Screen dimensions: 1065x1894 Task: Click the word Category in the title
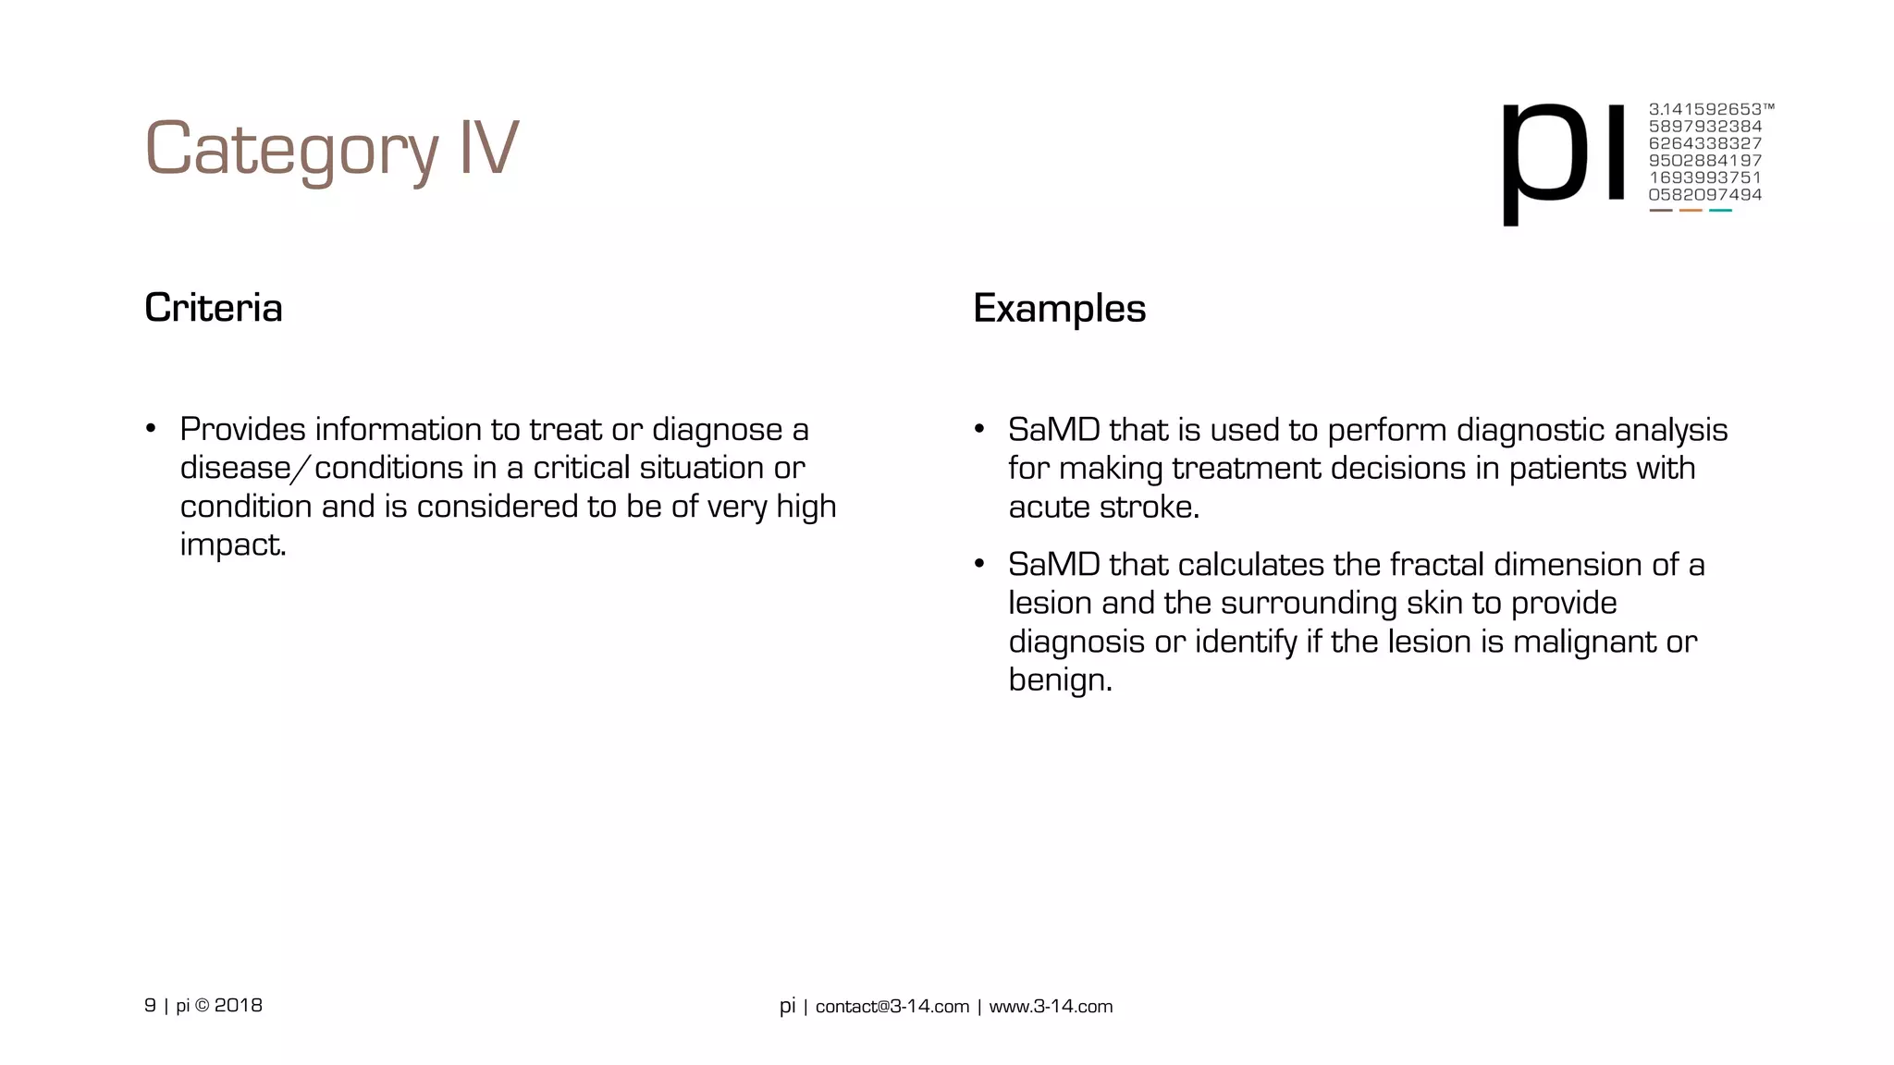click(290, 150)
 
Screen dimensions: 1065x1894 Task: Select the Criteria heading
click(214, 308)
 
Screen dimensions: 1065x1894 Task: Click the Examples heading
click(1059, 308)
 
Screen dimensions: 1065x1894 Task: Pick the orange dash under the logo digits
click(1691, 211)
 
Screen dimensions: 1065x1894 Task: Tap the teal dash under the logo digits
click(1720, 211)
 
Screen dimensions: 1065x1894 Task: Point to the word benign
click(1058, 680)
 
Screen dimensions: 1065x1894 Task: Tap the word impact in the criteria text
click(231, 545)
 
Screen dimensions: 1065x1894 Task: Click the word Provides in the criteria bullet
click(242, 430)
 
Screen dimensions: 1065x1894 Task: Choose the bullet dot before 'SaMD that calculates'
click(979, 565)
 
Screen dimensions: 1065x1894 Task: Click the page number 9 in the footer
click(150, 1006)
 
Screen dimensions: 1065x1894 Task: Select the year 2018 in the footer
click(239, 1006)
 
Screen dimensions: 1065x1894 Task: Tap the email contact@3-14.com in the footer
click(892, 1007)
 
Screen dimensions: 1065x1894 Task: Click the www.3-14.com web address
click(1051, 1007)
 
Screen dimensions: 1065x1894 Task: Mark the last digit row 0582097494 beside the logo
click(1704, 195)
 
